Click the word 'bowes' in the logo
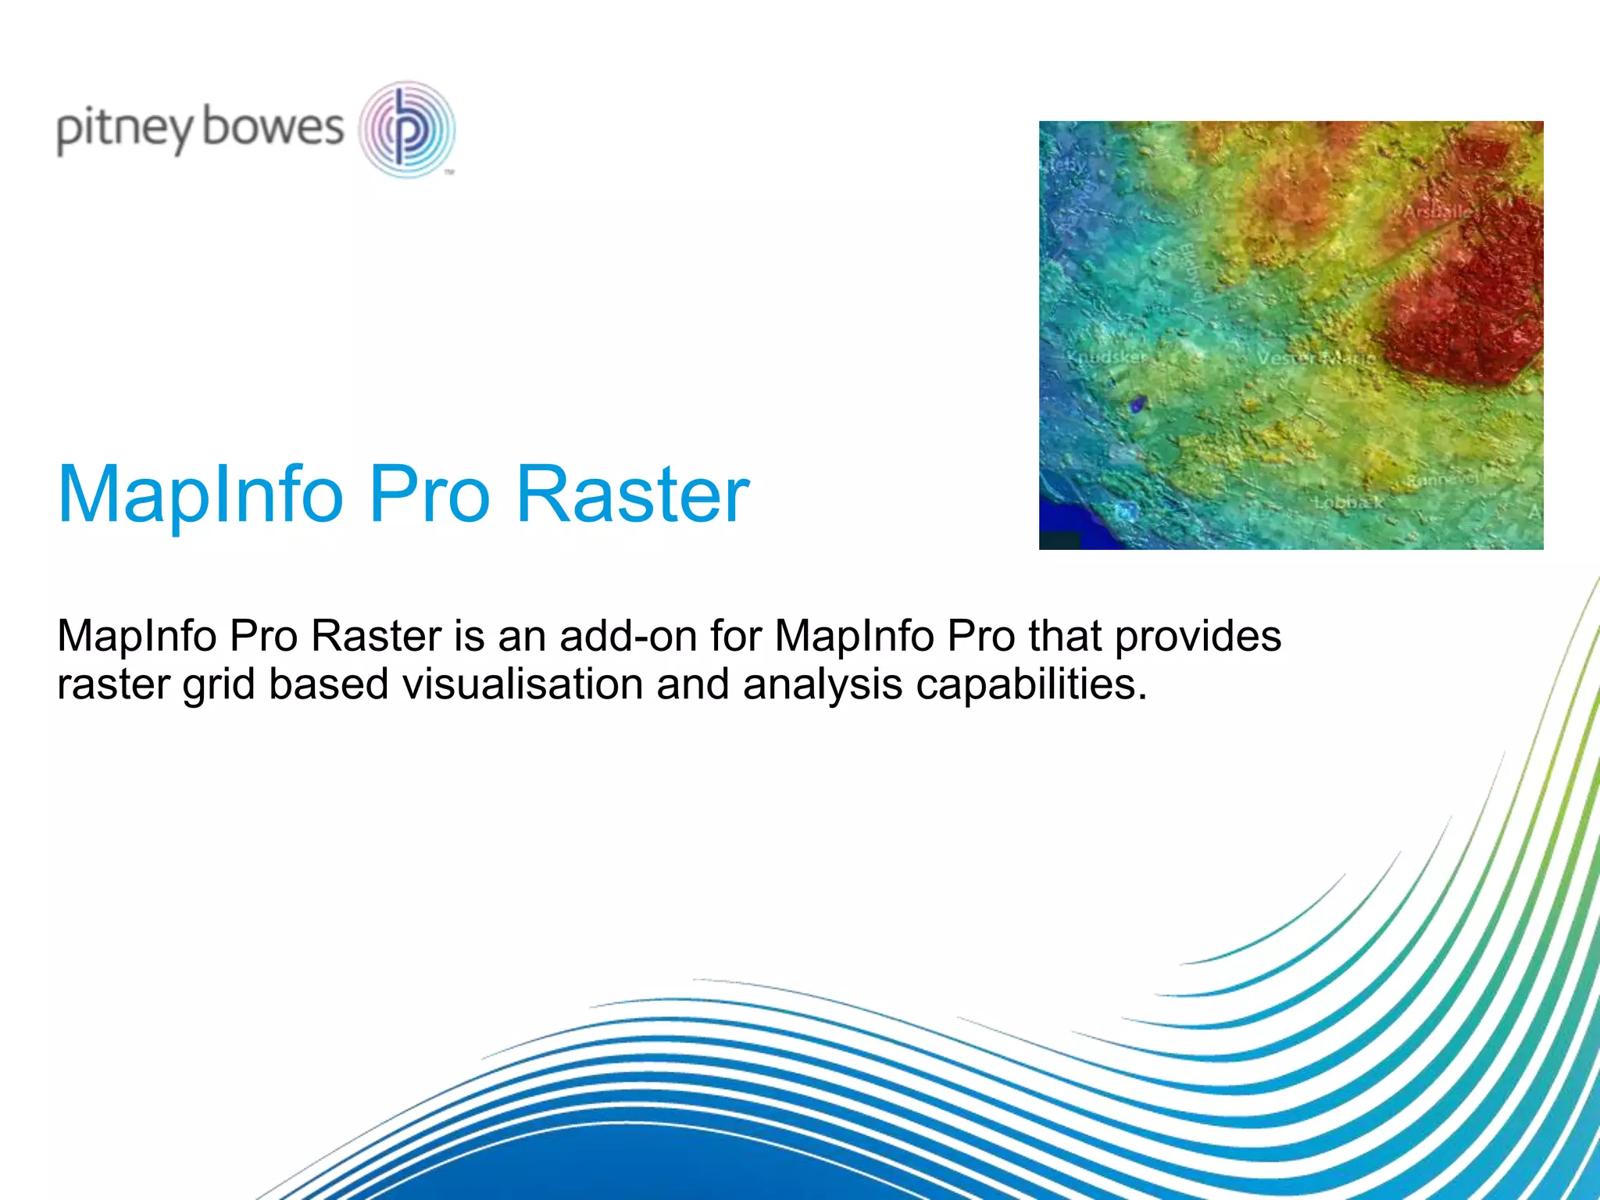click(273, 127)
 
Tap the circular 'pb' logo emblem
click(406, 129)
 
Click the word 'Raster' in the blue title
click(633, 495)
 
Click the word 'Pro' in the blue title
click(429, 495)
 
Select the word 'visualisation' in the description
click(523, 684)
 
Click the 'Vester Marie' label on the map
click(1316, 359)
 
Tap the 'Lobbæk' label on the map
click(1348, 502)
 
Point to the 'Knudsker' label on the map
click(1107, 357)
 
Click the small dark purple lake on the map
click(1138, 404)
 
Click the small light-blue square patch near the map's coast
click(1126, 512)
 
